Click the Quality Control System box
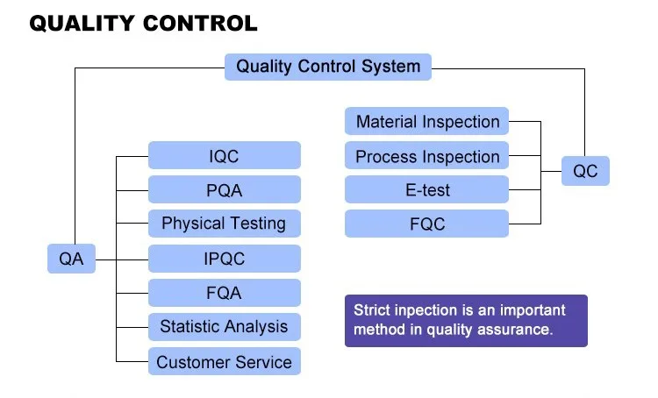(328, 67)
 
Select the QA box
(71, 259)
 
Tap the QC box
(585, 171)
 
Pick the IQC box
(224, 156)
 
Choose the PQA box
(224, 190)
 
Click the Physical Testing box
(224, 224)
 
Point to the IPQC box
(224, 259)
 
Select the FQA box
(224, 293)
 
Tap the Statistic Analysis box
(224, 327)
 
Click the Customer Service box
(224, 361)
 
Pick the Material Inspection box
(427, 122)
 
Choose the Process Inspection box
(427, 157)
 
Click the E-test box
(427, 190)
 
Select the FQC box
(427, 224)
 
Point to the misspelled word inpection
(419, 310)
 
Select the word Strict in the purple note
(373, 310)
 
